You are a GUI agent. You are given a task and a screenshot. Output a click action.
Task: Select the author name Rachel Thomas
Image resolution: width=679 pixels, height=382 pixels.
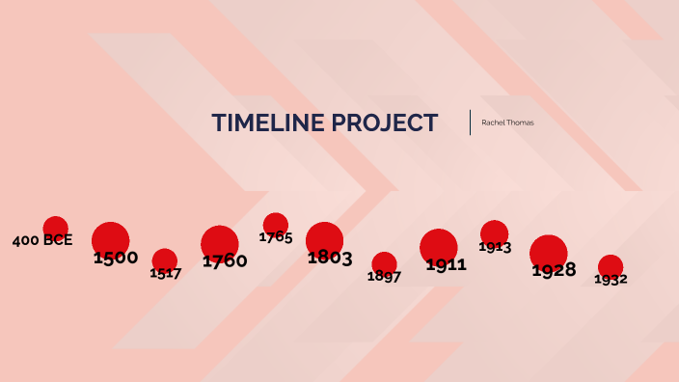(x=507, y=123)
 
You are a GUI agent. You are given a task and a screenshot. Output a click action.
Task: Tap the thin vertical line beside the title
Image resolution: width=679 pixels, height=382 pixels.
(x=471, y=123)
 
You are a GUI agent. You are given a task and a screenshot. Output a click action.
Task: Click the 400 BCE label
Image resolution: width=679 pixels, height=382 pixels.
(x=42, y=240)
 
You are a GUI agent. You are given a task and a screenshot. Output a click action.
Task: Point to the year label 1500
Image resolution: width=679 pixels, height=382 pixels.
(x=116, y=258)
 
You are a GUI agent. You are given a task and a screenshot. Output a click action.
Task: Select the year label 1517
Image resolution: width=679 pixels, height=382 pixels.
(x=166, y=273)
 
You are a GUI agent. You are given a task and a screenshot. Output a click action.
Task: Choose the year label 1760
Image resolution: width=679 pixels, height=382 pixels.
(x=225, y=260)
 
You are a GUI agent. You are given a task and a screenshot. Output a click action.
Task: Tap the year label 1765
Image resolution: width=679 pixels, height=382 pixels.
(x=276, y=237)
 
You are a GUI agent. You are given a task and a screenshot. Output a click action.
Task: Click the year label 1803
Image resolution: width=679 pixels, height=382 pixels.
(x=330, y=258)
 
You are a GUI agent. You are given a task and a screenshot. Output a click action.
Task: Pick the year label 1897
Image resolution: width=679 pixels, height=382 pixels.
(x=384, y=277)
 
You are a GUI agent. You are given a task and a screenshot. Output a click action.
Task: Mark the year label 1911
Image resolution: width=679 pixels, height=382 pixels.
(x=446, y=264)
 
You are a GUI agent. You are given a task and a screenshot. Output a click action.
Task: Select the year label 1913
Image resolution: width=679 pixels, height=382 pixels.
(x=495, y=248)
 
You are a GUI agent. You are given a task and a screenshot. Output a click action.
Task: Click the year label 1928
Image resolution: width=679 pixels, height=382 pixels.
(x=555, y=270)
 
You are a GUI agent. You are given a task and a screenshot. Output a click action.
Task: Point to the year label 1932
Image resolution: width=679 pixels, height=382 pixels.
(x=611, y=280)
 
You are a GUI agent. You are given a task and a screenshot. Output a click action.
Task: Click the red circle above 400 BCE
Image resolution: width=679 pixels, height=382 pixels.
(x=56, y=226)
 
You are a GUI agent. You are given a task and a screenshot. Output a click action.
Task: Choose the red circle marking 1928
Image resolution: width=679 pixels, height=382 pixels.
(x=549, y=250)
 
